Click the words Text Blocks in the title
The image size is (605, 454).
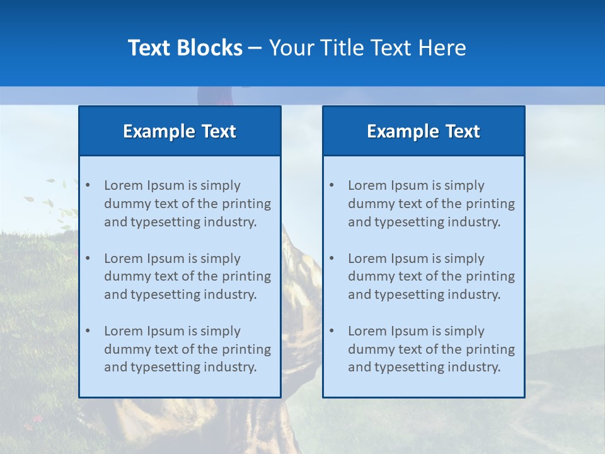(185, 48)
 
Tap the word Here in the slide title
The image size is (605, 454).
(443, 48)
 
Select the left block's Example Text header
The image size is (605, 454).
(180, 131)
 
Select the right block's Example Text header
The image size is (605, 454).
(423, 131)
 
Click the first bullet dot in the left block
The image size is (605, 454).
(88, 185)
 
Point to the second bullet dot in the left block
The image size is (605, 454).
(88, 259)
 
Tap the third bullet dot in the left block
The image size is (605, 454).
(88, 331)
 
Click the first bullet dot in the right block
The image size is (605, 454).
(331, 185)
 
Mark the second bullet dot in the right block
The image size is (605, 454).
(331, 259)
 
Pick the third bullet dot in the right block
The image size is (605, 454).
(331, 331)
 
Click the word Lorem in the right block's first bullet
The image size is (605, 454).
(366, 185)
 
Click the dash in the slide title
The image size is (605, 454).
(255, 48)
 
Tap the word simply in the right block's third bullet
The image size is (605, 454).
(464, 331)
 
